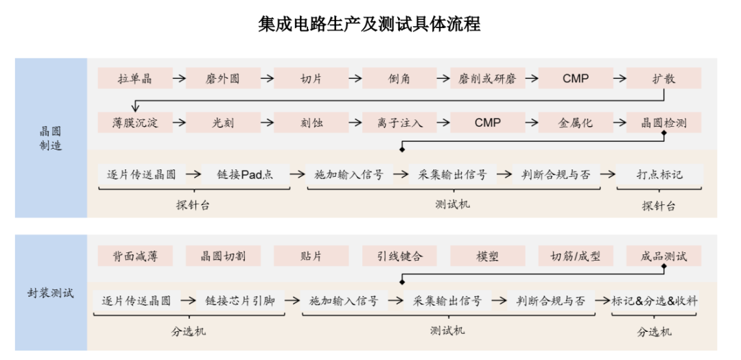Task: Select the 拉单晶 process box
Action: [135, 78]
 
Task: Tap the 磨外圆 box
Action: [223, 78]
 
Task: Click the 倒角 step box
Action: [399, 78]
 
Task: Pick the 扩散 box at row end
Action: [663, 78]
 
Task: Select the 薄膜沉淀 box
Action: [135, 123]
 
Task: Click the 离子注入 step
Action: [399, 123]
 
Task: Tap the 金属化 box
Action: [576, 123]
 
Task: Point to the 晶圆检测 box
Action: [663, 123]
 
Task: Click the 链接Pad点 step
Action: [242, 174]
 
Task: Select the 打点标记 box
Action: [659, 174]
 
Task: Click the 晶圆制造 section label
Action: [51, 138]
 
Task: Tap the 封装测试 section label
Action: [51, 293]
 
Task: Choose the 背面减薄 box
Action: [135, 256]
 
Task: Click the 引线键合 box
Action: [399, 256]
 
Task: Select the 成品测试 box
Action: [663, 256]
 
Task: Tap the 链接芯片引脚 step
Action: [240, 300]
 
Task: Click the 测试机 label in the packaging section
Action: [447, 331]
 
